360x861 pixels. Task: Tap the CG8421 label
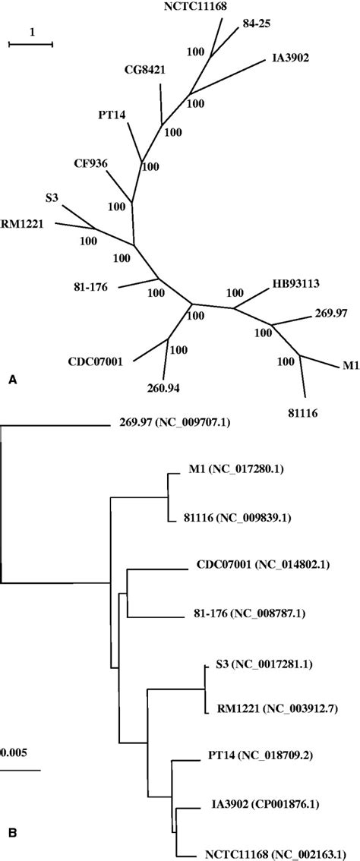147,71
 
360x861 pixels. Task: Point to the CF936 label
90,162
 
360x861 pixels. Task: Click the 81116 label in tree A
303,413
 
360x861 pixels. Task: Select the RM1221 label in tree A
20,223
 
